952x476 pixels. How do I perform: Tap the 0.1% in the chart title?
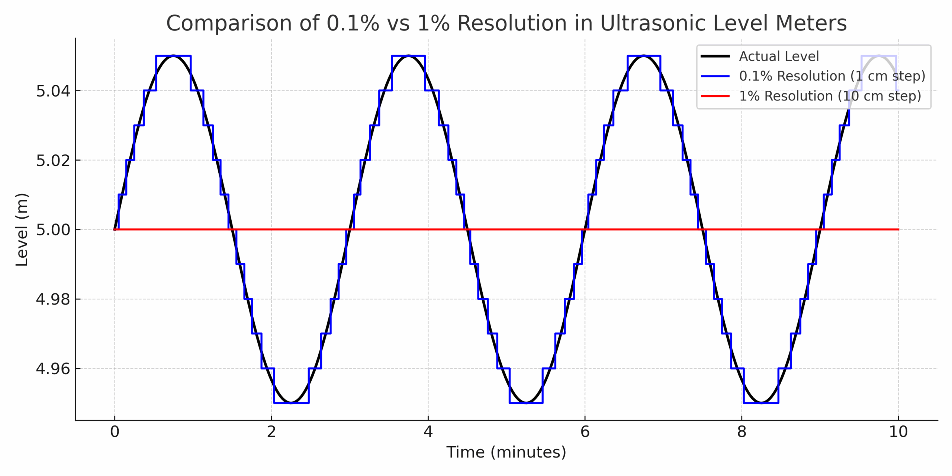(x=353, y=23)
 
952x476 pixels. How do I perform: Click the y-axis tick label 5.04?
(x=53, y=91)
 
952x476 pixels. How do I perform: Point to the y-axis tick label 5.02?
(x=53, y=161)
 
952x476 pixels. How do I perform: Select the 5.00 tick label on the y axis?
(x=53, y=230)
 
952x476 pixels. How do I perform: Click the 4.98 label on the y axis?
(x=53, y=299)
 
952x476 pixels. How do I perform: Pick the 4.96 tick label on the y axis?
(x=53, y=369)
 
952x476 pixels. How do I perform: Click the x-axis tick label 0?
(x=115, y=432)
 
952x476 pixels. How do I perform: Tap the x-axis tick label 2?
(x=271, y=432)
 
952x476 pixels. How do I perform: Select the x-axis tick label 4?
(x=428, y=432)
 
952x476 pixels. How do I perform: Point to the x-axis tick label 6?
(x=585, y=432)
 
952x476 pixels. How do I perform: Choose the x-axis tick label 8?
(x=742, y=432)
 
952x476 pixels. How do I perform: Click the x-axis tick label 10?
(x=898, y=432)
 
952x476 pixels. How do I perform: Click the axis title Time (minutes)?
(x=506, y=452)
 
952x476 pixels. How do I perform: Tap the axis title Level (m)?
(x=22, y=230)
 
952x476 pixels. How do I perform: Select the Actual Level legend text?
(x=779, y=57)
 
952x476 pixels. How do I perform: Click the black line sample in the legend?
(x=715, y=57)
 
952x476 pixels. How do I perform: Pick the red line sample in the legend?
(x=715, y=96)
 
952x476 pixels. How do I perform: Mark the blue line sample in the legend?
(x=715, y=76)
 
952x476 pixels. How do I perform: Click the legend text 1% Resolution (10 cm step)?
(x=830, y=96)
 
